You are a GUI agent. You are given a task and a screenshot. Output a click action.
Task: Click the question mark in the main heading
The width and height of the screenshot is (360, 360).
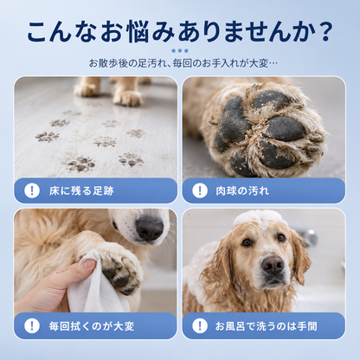(x=325, y=31)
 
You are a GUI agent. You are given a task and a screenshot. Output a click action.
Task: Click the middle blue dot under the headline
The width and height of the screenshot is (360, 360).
(x=180, y=51)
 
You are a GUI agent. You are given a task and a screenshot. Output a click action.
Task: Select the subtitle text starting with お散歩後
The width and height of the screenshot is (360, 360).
(x=183, y=63)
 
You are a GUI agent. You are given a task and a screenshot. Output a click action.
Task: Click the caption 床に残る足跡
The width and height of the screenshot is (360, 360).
(x=81, y=191)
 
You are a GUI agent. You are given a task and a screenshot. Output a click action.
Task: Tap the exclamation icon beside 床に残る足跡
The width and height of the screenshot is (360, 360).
(x=32, y=190)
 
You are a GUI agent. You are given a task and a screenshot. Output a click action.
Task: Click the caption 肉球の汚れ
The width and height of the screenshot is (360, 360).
(x=242, y=191)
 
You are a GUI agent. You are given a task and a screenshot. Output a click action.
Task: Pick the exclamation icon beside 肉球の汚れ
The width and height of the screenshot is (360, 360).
(x=200, y=190)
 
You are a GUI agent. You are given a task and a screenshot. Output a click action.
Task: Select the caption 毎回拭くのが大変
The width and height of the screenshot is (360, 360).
(x=92, y=326)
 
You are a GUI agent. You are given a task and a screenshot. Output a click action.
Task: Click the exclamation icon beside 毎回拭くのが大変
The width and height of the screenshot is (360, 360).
(x=32, y=325)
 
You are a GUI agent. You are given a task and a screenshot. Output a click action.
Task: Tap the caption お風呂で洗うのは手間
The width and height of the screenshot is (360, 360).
(x=266, y=326)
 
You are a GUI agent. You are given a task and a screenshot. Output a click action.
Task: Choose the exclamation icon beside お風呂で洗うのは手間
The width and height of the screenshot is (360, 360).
(x=200, y=325)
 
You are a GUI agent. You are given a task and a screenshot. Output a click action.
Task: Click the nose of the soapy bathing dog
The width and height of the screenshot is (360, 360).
(x=273, y=265)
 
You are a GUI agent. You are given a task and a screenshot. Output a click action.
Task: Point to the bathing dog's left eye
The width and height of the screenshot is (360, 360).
(x=281, y=238)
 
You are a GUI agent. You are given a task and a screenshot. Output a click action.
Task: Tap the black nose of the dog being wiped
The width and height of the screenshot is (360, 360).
(x=150, y=228)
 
